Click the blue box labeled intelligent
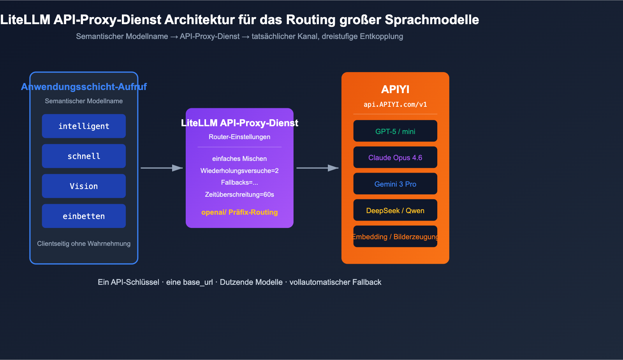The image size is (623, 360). click(x=84, y=126)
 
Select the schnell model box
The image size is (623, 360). click(x=84, y=156)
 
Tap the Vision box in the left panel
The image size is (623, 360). click(x=84, y=186)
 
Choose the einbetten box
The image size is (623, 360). click(x=84, y=216)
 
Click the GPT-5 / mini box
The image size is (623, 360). click(x=395, y=131)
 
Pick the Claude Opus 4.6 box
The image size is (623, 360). click(x=395, y=157)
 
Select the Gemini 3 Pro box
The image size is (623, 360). click(x=395, y=184)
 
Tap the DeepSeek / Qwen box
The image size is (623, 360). click(x=395, y=210)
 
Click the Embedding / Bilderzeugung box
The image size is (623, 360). click(x=395, y=236)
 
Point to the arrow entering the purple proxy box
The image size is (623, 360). click(x=162, y=168)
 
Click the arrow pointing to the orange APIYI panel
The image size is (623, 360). click(x=317, y=168)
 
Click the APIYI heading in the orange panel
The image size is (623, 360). click(x=395, y=89)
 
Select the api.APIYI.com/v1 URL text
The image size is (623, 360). click(x=395, y=104)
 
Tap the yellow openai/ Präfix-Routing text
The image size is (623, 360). click(x=239, y=212)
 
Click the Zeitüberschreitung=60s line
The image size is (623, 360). click(x=239, y=194)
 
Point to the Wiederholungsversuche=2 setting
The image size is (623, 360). click(x=239, y=171)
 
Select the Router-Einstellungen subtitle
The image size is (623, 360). click(x=239, y=137)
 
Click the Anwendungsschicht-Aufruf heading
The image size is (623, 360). click(x=84, y=86)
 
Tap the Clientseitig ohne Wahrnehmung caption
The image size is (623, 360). click(x=84, y=244)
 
